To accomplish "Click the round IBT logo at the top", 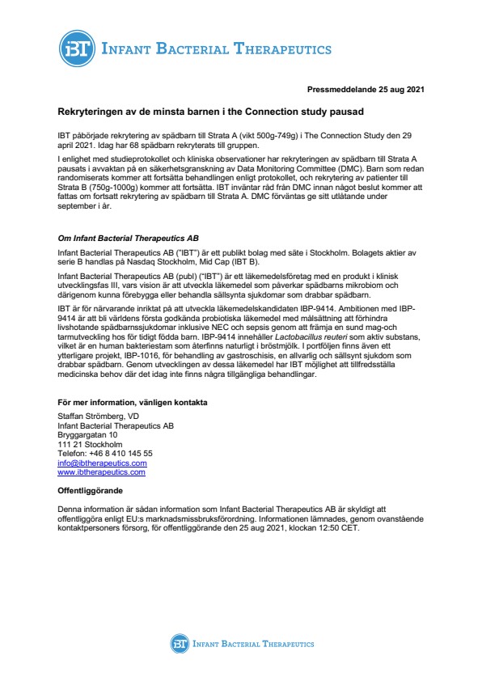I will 76,48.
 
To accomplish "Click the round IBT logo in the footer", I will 179,644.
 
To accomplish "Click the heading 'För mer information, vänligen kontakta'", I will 133,403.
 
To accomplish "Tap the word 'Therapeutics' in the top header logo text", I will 284,48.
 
